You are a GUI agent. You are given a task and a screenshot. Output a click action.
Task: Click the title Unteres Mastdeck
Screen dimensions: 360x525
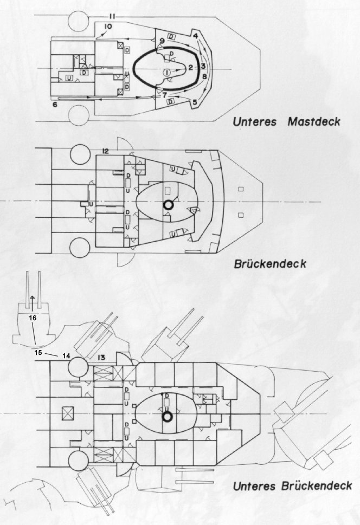286,121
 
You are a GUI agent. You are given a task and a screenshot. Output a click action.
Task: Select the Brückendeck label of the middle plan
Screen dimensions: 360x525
269,264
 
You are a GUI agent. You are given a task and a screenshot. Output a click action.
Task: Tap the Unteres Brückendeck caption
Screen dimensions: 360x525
292,486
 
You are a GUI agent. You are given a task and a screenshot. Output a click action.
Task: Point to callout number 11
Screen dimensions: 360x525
112,16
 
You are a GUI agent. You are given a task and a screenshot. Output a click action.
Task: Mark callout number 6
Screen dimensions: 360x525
55,105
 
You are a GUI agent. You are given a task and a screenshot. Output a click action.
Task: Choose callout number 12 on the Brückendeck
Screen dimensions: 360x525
105,151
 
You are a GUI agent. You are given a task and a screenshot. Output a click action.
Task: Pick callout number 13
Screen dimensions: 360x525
101,358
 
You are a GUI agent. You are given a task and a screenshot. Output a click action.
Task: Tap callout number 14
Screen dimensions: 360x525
66,356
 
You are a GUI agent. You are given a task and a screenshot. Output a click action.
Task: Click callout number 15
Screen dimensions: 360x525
38,353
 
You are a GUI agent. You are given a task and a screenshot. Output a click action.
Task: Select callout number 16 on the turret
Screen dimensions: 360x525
33,317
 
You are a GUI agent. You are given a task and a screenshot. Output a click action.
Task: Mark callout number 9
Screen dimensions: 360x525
162,41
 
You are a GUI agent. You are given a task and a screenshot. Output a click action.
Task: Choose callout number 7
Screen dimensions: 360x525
164,95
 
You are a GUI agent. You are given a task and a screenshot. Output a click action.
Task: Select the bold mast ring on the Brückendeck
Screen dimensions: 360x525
167,205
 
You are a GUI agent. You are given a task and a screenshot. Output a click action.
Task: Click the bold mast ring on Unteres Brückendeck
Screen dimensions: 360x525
167,417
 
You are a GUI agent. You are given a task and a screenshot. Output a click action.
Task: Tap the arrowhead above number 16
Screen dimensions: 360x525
32,297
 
